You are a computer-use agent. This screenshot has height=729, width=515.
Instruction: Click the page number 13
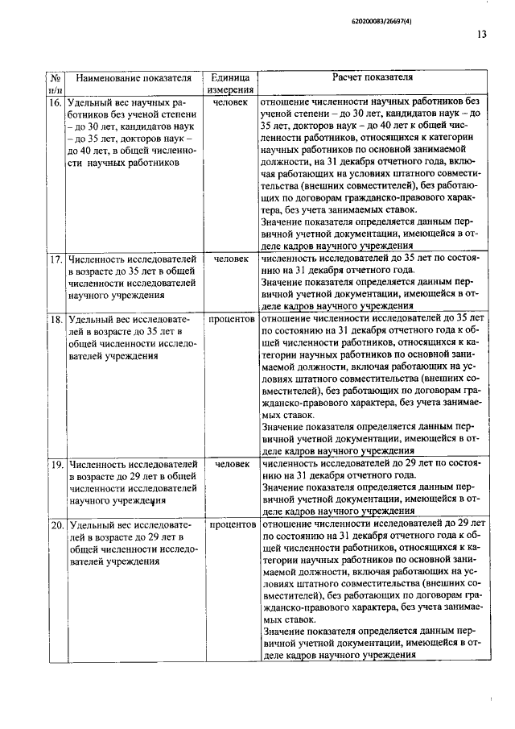(x=481, y=35)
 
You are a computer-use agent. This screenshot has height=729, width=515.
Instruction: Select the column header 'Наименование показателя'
(x=133, y=79)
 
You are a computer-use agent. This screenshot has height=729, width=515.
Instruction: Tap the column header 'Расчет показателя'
(x=373, y=78)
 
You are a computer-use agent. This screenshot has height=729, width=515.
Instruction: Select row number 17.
(x=57, y=260)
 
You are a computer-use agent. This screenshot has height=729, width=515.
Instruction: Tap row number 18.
(x=57, y=320)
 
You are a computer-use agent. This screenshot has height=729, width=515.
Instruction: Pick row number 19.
(x=57, y=465)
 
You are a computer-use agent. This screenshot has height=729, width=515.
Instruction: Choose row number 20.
(x=57, y=525)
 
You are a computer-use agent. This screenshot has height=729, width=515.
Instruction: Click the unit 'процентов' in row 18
(x=230, y=320)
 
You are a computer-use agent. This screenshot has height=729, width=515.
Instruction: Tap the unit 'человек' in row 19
(x=230, y=465)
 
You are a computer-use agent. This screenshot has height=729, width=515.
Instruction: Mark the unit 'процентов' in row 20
(x=230, y=525)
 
